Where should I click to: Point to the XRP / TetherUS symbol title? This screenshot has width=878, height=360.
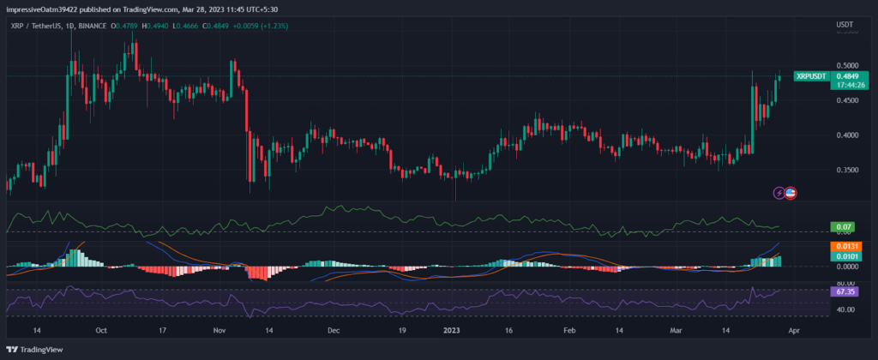pyautogui.click(x=35, y=26)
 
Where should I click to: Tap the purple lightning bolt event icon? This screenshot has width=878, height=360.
pyautogui.click(x=779, y=194)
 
